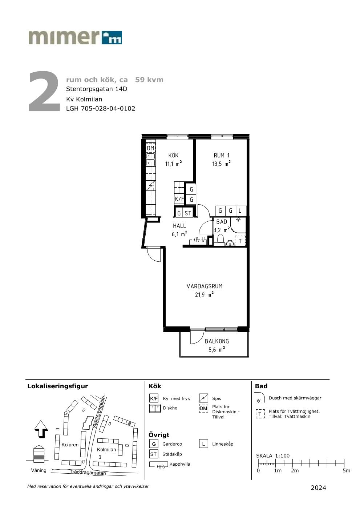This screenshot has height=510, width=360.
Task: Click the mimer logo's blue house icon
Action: pyautogui.click(x=112, y=37)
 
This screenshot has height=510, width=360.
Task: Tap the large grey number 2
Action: pyautogui.click(x=44, y=91)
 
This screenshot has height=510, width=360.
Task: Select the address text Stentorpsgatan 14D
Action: pyautogui.click(x=97, y=89)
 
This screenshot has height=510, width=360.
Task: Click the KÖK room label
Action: pyautogui.click(x=173, y=155)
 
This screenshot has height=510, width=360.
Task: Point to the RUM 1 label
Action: pyautogui.click(x=222, y=156)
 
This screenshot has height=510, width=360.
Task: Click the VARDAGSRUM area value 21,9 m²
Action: pyautogui.click(x=204, y=294)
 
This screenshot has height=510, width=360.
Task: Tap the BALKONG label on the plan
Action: pyautogui.click(x=217, y=341)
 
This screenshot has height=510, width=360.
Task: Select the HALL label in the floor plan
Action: pyautogui.click(x=179, y=226)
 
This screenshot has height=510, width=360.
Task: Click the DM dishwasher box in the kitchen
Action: pyautogui.click(x=150, y=148)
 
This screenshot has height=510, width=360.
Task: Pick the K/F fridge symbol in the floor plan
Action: pyautogui.click(x=179, y=199)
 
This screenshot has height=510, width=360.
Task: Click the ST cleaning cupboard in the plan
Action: pyautogui.click(x=188, y=213)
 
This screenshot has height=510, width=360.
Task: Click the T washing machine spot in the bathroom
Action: pyautogui.click(x=240, y=241)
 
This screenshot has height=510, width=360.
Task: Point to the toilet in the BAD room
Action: pyautogui.click(x=220, y=239)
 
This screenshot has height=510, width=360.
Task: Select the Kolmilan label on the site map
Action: pyautogui.click(x=106, y=449)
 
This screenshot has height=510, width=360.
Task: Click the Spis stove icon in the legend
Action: pyautogui.click(x=203, y=398)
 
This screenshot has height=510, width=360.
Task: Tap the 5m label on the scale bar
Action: pyautogui.click(x=346, y=470)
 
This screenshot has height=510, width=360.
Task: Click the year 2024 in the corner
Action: pyautogui.click(x=318, y=487)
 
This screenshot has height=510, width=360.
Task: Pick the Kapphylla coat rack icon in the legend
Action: pyautogui.click(x=158, y=465)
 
